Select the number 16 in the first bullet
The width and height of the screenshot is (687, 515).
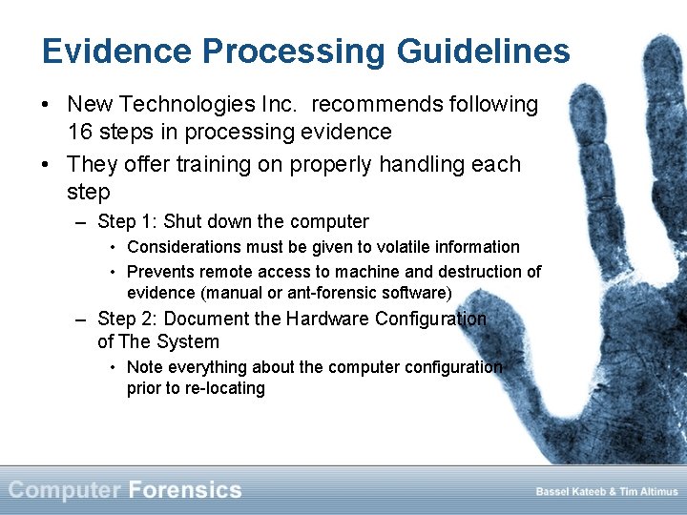point(80,132)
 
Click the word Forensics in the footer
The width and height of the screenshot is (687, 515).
point(185,490)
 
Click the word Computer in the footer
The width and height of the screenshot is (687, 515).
point(65,490)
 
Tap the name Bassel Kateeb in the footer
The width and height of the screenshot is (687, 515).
point(569,492)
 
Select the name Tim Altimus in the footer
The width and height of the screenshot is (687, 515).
point(647,492)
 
